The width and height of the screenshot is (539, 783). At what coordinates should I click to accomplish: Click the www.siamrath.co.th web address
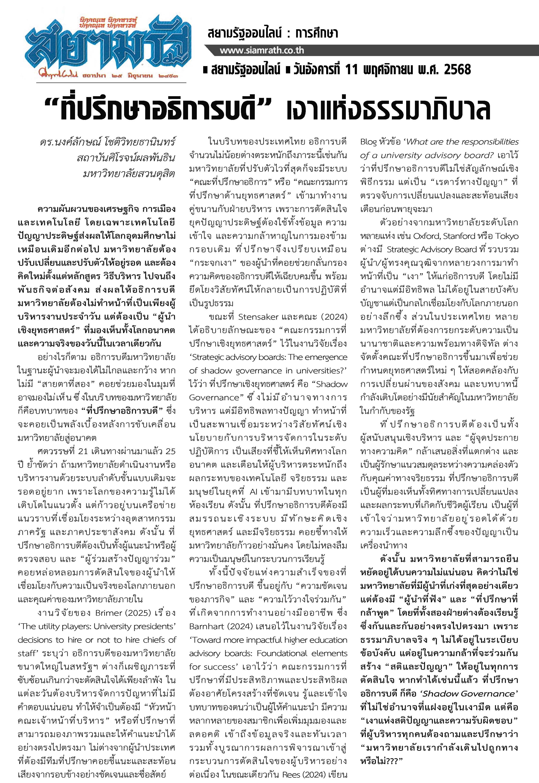tap(262, 51)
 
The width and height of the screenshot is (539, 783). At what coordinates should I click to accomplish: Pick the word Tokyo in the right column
tap(505, 236)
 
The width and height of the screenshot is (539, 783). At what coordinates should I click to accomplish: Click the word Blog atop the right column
tap(368, 142)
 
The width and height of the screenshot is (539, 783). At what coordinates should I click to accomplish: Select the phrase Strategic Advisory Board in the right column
tap(431, 250)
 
